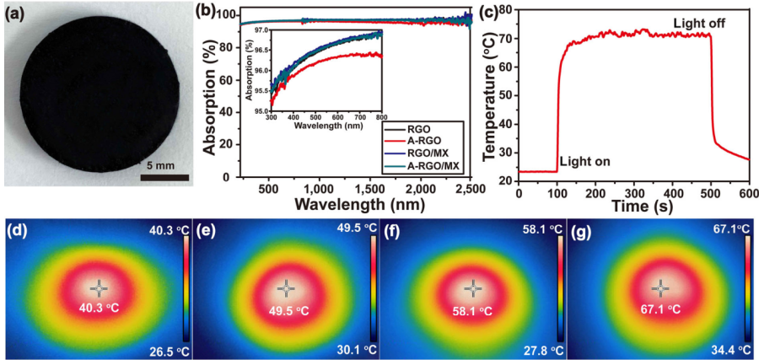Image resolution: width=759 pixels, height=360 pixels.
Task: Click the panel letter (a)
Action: (17, 13)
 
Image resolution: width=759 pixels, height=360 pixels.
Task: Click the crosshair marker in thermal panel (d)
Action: (99, 287)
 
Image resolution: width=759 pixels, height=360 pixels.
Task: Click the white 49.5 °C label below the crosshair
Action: (288, 309)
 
